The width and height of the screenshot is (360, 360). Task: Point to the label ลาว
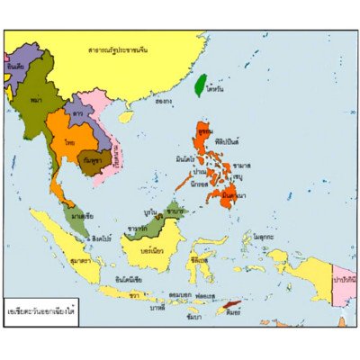point(79,116)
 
